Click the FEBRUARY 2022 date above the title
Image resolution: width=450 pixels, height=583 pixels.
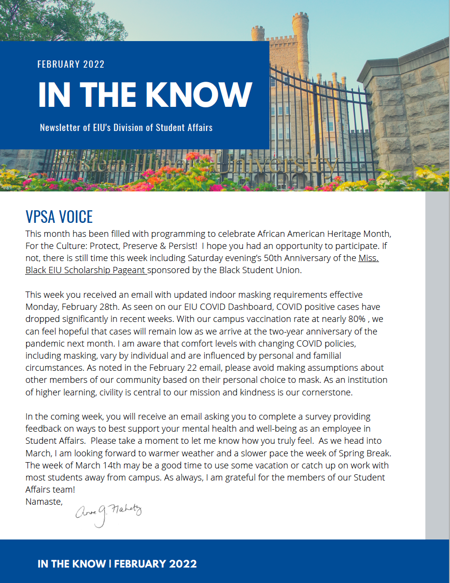(x=71, y=64)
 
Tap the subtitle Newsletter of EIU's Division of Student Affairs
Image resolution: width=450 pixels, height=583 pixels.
(x=126, y=128)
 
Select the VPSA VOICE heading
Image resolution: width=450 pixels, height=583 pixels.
(x=59, y=217)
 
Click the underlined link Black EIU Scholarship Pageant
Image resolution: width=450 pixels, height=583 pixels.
(x=86, y=270)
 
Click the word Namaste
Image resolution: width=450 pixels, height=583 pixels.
(x=43, y=501)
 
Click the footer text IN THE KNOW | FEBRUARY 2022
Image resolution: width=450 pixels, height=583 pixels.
(x=117, y=564)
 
